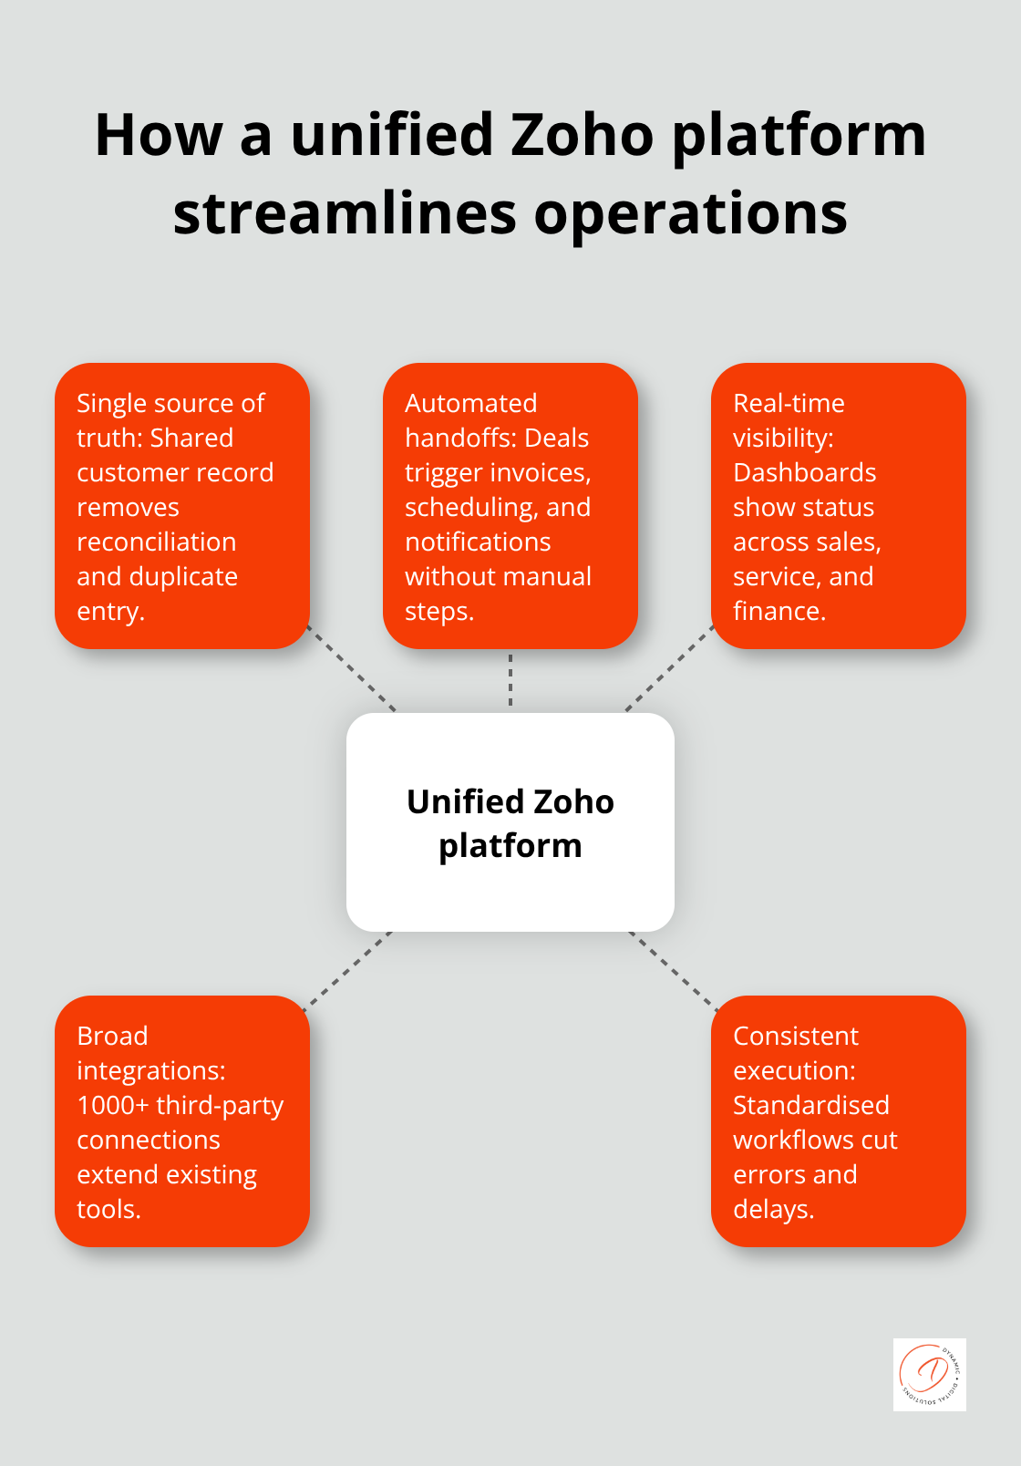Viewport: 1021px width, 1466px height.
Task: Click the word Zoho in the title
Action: [582, 135]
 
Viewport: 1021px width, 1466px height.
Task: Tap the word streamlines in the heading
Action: [345, 214]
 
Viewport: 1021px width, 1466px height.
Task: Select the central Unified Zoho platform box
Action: [510, 822]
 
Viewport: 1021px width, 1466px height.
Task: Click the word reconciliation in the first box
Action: [156, 542]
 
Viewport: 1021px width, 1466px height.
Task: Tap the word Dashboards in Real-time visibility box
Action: [804, 472]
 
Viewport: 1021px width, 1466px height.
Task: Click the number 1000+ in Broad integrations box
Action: [113, 1105]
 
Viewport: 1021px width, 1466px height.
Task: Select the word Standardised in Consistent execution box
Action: [810, 1105]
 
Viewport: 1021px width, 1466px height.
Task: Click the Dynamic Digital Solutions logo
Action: [929, 1374]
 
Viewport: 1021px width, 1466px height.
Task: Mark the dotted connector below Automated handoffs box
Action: [510, 680]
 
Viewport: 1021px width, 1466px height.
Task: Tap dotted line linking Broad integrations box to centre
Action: [347, 970]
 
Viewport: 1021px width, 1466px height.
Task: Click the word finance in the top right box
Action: [778, 611]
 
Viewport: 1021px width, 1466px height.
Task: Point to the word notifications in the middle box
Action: [478, 542]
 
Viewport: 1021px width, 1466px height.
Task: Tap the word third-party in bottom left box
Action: [220, 1105]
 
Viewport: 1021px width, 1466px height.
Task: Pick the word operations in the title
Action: [690, 214]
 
